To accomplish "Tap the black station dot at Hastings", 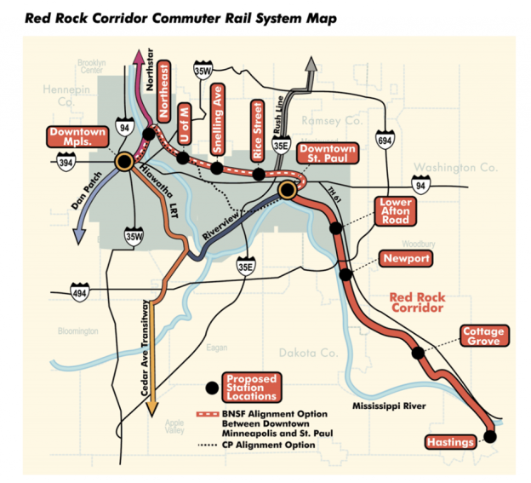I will (489, 436).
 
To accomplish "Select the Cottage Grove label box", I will (484, 336).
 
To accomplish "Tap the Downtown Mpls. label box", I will (77, 139).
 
